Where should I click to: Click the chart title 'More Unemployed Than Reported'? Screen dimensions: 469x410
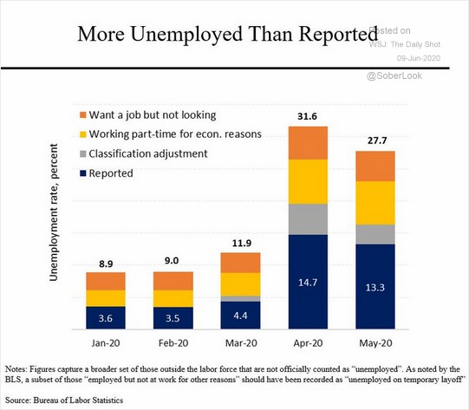(x=227, y=35)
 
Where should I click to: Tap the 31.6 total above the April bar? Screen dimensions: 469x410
(x=307, y=116)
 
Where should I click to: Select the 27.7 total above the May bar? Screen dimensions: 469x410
(x=377, y=140)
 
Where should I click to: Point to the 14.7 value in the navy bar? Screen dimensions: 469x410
(x=308, y=283)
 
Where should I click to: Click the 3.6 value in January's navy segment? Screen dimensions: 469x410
(x=106, y=318)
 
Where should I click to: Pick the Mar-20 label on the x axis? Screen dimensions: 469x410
(x=241, y=342)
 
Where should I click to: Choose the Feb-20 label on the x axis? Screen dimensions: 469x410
(x=173, y=342)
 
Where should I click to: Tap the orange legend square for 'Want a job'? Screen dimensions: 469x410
(x=83, y=115)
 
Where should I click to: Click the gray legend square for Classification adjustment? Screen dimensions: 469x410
(x=83, y=154)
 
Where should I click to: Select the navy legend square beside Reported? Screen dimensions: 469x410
(x=83, y=173)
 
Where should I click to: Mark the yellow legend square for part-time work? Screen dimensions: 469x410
(x=83, y=134)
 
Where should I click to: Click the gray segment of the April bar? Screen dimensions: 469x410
(x=308, y=219)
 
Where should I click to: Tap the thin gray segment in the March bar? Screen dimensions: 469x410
(x=240, y=299)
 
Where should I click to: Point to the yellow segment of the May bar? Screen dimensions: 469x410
(x=375, y=203)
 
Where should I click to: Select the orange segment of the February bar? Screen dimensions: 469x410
(x=173, y=281)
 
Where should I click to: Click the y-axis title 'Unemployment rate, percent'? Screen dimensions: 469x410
(x=54, y=212)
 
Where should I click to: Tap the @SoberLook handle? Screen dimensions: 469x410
(x=394, y=75)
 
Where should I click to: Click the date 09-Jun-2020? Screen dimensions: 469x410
(x=419, y=58)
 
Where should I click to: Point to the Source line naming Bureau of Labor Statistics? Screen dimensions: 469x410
(x=64, y=400)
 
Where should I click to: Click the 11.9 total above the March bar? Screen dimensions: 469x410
(x=242, y=243)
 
